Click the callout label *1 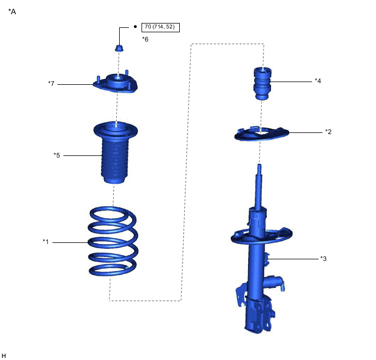pos(45,242)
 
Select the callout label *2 pos(328,131)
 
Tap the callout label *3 pos(323,258)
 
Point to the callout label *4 pos(318,80)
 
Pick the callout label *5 pos(57,155)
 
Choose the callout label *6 pos(145,39)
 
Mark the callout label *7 pos(51,84)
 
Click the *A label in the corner pos(12,11)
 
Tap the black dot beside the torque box pos(135,27)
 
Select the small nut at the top pos(119,48)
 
